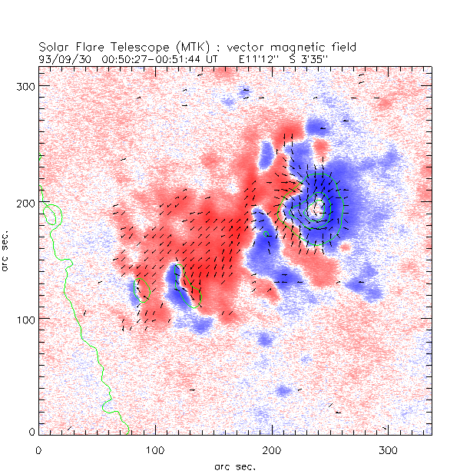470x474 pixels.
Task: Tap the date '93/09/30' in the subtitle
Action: [x=61, y=58]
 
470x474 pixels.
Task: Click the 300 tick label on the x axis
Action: [x=388, y=447]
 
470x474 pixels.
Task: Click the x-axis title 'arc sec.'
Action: [x=233, y=466]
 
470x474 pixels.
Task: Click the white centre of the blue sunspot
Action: [x=316, y=206]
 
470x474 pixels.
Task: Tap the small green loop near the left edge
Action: [x=52, y=214]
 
